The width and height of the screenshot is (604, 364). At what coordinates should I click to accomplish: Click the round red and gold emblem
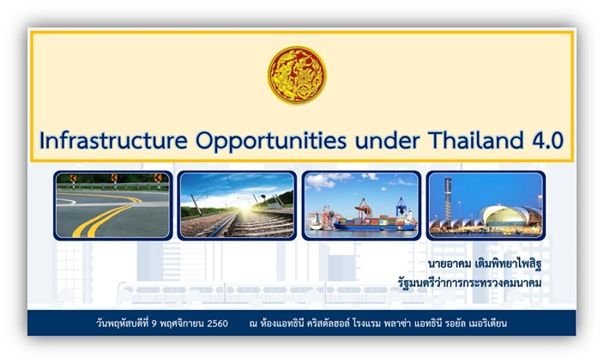[297, 76]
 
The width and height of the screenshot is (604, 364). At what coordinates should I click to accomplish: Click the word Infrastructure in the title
[113, 140]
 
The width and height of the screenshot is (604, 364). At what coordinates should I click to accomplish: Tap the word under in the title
[387, 141]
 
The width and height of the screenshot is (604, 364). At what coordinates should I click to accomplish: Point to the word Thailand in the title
[475, 140]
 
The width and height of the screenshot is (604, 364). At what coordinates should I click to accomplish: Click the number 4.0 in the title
[548, 141]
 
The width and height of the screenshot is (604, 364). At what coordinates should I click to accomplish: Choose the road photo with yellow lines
[113, 205]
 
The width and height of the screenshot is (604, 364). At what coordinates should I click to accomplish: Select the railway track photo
[237, 205]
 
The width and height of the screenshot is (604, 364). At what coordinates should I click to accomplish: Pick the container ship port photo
[361, 205]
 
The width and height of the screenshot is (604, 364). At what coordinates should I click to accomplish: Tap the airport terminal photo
[486, 205]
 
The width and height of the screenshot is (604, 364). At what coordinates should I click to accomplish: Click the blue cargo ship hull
[373, 227]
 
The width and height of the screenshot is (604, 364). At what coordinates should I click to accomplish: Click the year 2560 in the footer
[217, 323]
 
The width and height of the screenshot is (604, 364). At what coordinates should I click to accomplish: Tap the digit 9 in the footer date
[154, 324]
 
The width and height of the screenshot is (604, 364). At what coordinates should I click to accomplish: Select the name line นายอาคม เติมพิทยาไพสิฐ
[485, 264]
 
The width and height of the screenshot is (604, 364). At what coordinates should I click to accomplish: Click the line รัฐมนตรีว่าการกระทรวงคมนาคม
[469, 282]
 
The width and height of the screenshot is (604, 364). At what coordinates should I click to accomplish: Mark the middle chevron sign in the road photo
[114, 178]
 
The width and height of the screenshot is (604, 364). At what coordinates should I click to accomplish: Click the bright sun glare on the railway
[245, 206]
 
